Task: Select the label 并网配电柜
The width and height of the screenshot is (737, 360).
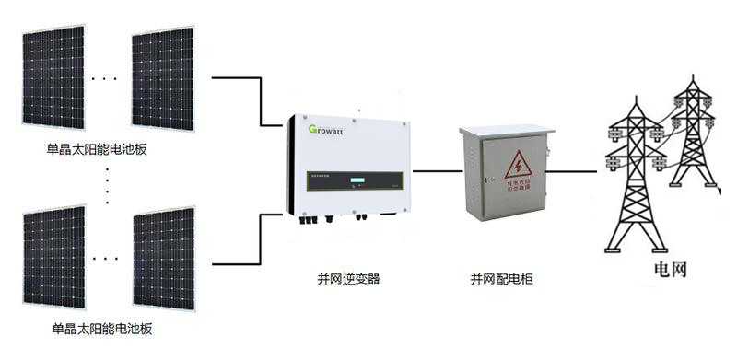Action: (x=502, y=278)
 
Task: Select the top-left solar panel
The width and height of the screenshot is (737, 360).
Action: (x=53, y=77)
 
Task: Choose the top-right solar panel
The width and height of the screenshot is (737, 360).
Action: (x=163, y=77)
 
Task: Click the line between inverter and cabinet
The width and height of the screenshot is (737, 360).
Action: (x=436, y=170)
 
